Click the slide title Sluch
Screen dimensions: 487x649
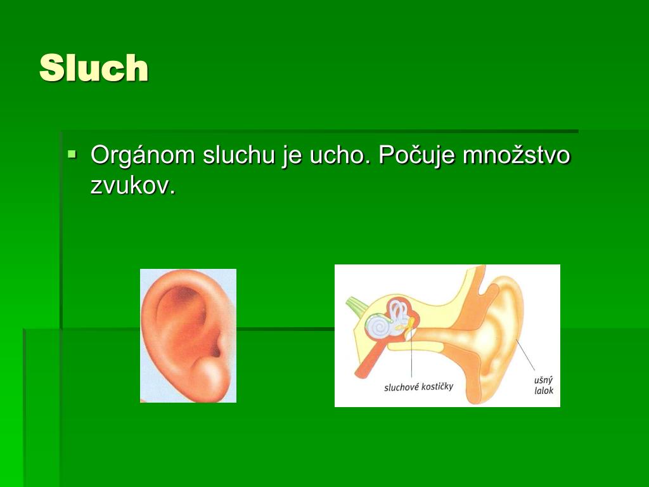94,68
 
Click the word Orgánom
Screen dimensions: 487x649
143,156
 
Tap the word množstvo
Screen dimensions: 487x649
516,156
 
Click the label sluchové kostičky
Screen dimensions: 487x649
418,386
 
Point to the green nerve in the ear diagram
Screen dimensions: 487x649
353,305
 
